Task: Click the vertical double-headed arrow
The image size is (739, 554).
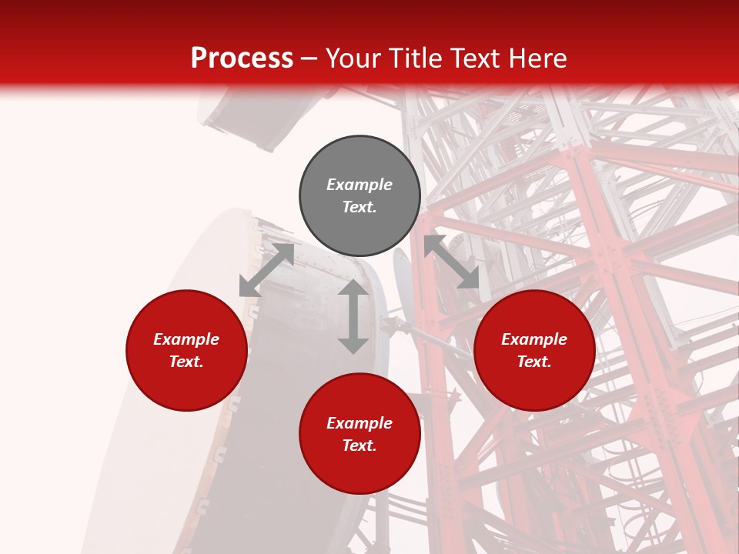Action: click(353, 316)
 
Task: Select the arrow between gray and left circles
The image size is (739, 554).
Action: click(266, 270)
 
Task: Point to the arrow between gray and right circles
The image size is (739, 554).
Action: click(451, 262)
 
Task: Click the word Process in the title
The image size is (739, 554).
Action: click(242, 58)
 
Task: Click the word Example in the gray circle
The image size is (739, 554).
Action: click(359, 185)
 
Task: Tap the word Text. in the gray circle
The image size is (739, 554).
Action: click(359, 207)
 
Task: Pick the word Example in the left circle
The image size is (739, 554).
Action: click(186, 339)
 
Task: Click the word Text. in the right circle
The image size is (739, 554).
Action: click(534, 362)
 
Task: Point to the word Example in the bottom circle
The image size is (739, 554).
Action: click(359, 423)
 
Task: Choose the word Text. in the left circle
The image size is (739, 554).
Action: click(186, 362)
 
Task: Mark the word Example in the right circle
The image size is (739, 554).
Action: click(534, 339)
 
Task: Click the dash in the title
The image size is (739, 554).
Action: click(309, 58)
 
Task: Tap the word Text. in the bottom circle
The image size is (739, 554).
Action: click(359, 446)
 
